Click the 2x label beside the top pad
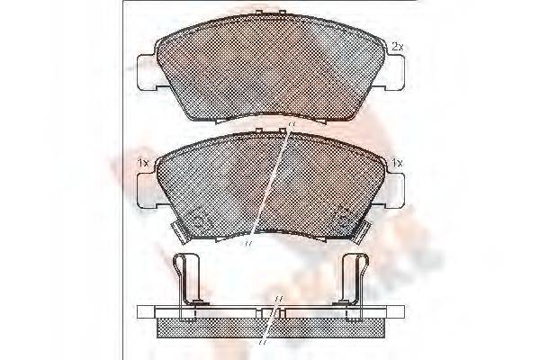[x=396, y=45]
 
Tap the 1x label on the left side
[x=141, y=162]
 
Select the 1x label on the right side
[x=397, y=162]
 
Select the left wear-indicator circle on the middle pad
[x=200, y=218]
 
